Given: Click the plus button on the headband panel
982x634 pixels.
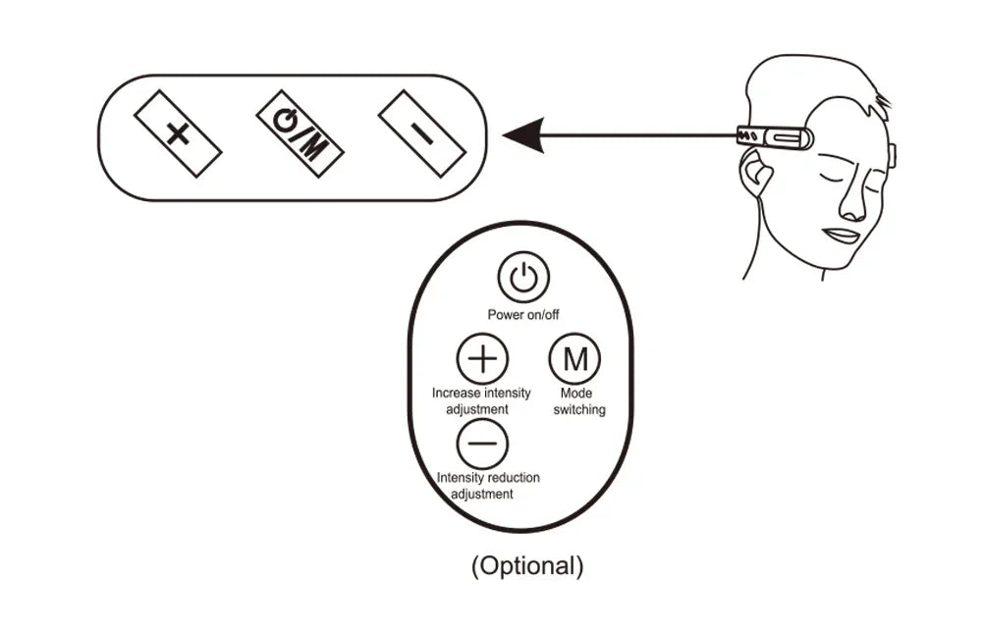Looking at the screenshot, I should (x=178, y=134).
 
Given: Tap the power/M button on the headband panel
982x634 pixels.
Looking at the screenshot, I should (x=300, y=134).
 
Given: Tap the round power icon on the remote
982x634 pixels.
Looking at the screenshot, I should (x=523, y=278).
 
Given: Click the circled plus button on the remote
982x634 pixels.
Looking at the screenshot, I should (x=482, y=359).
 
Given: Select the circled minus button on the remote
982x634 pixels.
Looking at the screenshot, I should (x=482, y=445).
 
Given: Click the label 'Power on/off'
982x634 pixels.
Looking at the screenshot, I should (x=523, y=315).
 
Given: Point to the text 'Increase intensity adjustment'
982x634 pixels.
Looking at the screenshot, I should (x=482, y=400).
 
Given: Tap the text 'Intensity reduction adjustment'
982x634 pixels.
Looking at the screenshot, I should (x=487, y=486).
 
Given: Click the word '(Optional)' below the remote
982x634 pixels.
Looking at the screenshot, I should (x=527, y=566).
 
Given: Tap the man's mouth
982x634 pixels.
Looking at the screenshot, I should (x=843, y=236).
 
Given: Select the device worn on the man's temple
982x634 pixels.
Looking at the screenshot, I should (x=775, y=137).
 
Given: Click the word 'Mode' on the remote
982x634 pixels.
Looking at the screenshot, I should (x=575, y=394).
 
